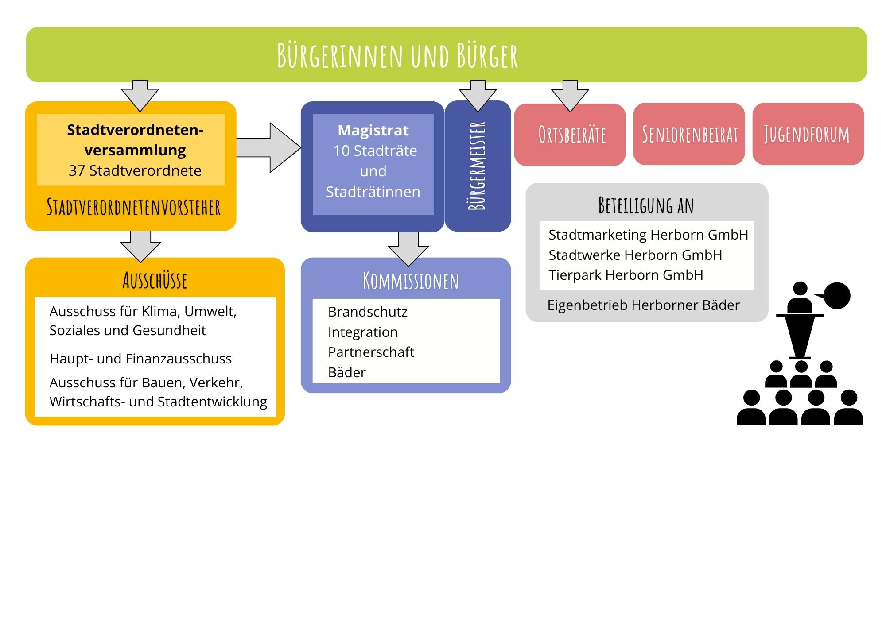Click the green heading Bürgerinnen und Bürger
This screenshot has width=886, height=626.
tap(397, 56)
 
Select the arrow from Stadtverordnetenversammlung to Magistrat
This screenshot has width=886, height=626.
tap(268, 147)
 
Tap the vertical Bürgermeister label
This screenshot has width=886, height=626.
tap(477, 166)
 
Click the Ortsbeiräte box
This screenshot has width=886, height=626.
tap(570, 135)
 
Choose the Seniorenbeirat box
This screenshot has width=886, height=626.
tap(689, 134)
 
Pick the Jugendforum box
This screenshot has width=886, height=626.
tap(808, 134)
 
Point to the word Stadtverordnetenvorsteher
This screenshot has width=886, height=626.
tap(133, 207)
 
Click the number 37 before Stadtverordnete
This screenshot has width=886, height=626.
tap(77, 170)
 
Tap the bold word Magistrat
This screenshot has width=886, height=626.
tap(373, 130)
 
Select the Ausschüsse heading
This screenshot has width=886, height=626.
tap(155, 280)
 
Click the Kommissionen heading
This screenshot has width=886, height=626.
tap(411, 281)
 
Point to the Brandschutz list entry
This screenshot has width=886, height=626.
tap(368, 312)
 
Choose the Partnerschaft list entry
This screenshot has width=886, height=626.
tap(371, 352)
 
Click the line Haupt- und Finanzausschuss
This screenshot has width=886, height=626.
tap(140, 359)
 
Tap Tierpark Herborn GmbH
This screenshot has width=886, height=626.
tap(626, 275)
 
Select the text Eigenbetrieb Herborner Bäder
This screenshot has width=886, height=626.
tap(643, 305)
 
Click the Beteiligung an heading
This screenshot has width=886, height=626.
tap(646, 205)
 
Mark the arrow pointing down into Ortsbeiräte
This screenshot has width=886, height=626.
tap(570, 96)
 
